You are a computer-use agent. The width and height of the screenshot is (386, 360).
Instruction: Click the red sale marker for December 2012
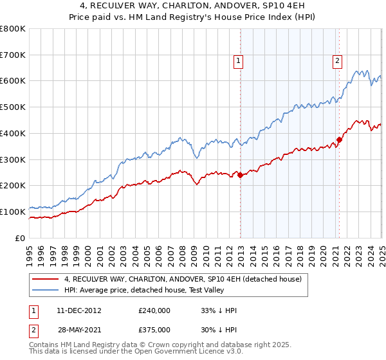pos(240,175)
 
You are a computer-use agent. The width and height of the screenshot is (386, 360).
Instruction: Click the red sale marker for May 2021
pos(339,139)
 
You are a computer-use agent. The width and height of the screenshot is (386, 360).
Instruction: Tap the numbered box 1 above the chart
pos(238,61)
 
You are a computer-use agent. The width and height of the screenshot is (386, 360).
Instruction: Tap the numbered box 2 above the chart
pos(336,61)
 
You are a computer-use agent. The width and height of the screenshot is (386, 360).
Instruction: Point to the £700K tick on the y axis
pos(14,55)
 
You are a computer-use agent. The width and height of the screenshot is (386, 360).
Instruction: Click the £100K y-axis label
pos(14,212)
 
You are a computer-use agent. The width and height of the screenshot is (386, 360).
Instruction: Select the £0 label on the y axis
pos(20,238)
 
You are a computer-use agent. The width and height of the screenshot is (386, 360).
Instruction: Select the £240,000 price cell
pos(154,310)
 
